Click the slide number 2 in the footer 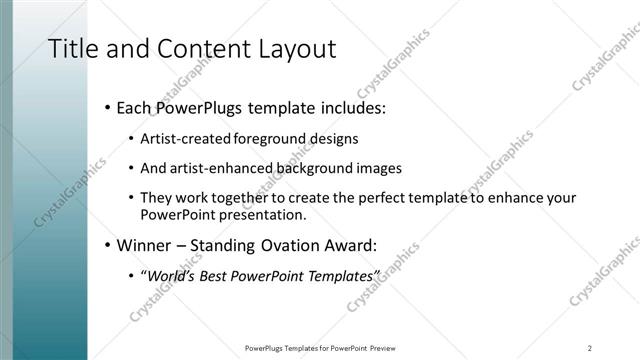[x=590, y=347]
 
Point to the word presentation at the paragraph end [x=261, y=215]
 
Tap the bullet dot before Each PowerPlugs [x=107, y=107]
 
